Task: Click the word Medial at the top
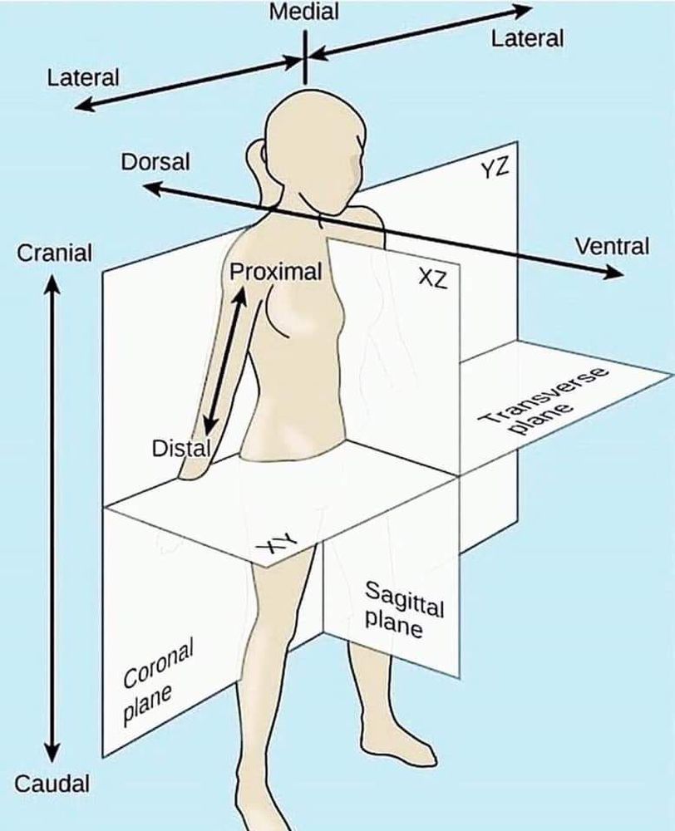tap(305, 12)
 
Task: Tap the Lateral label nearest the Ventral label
tap(527, 38)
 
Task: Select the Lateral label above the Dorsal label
tap(83, 78)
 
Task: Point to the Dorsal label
tap(155, 161)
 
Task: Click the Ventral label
tap(611, 246)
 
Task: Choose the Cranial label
tap(55, 253)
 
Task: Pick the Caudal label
tap(52, 783)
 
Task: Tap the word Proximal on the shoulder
tap(275, 272)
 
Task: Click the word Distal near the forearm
tap(180, 449)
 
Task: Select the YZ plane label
tap(494, 170)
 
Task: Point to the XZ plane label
tap(432, 278)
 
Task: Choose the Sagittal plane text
tap(403, 610)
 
